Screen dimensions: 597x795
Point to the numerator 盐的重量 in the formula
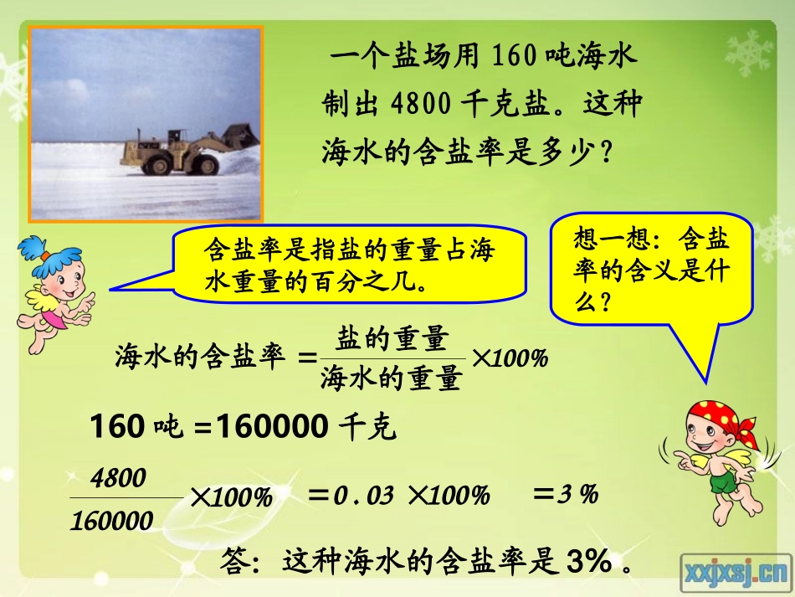point(391,339)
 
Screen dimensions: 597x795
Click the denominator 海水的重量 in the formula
point(391,378)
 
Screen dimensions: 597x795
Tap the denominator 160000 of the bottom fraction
point(112,522)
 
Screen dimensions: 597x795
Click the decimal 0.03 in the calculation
point(363,495)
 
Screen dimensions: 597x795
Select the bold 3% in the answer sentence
point(588,562)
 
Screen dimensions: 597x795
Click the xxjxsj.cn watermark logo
point(736,573)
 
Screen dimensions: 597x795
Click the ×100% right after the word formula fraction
point(510,358)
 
